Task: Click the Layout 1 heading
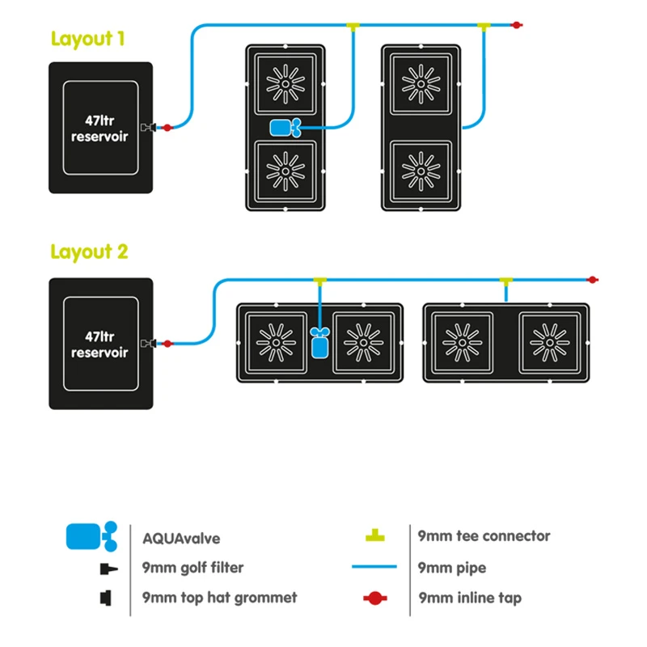click(87, 39)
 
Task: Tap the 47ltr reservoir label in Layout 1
click(99, 129)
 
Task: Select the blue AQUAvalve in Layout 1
click(285, 127)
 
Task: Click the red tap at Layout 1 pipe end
click(517, 26)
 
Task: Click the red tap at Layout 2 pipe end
click(593, 280)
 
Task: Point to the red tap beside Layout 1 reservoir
click(167, 127)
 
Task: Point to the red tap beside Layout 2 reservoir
click(167, 344)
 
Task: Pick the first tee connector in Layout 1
click(353, 27)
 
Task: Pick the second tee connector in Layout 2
click(505, 281)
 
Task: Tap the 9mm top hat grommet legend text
click(219, 598)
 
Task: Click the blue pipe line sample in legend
click(374, 567)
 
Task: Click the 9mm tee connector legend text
click(484, 536)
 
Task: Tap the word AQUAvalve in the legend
click(180, 538)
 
